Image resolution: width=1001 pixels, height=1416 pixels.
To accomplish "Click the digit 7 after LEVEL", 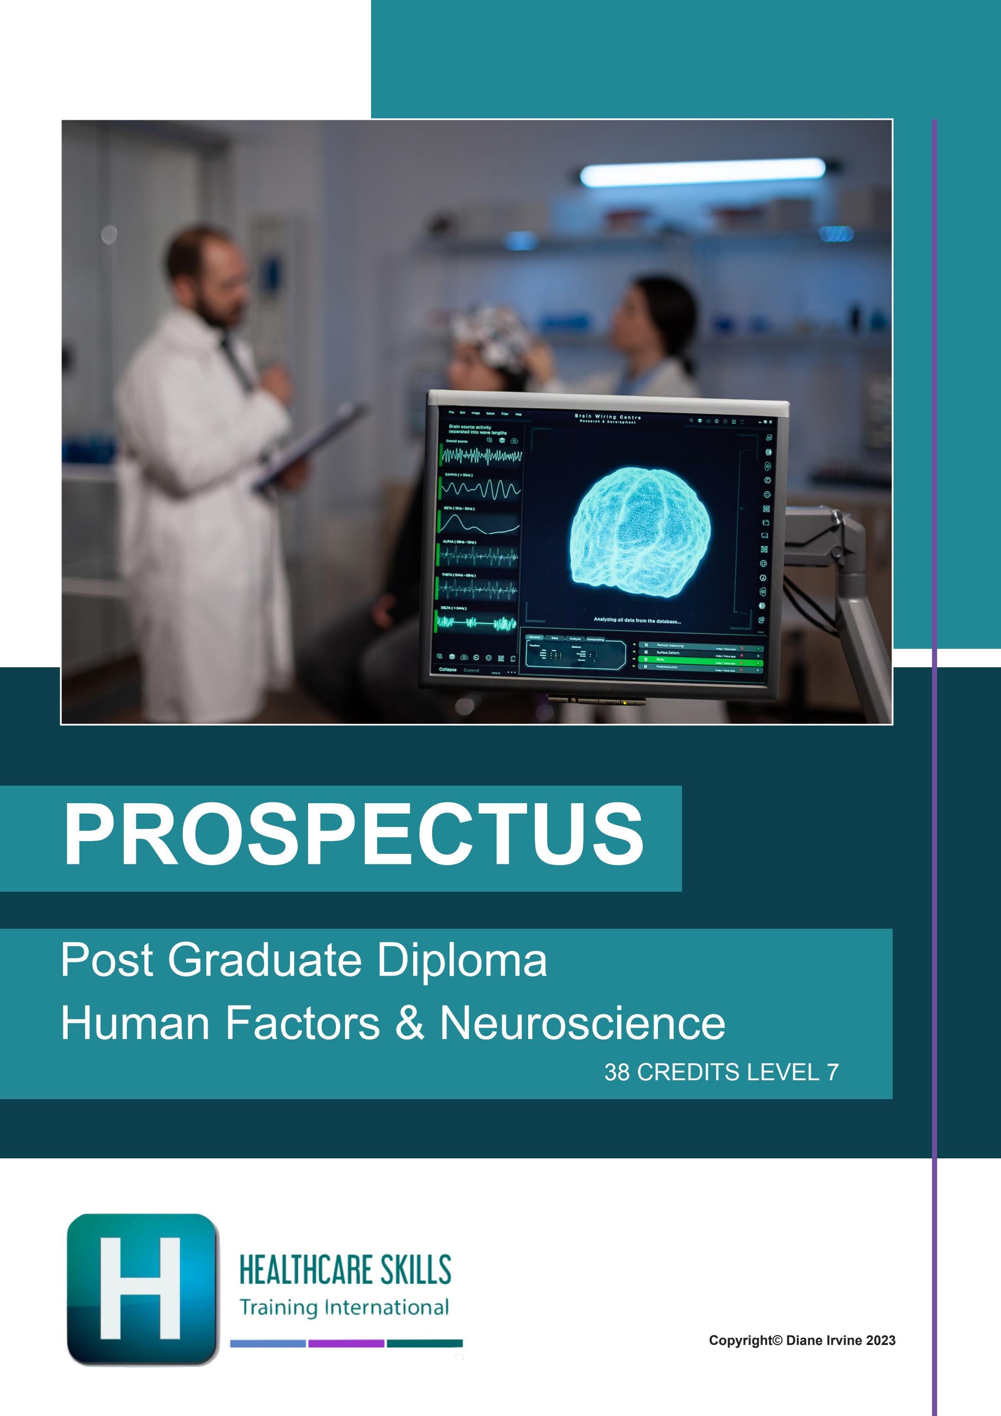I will point(833,1073).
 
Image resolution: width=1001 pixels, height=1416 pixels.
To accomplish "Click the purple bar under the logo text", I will point(346,1343).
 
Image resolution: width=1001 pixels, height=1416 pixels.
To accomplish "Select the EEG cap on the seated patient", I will point(490,336).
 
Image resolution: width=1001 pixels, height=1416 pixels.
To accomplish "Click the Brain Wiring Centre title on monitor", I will point(607,418).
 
